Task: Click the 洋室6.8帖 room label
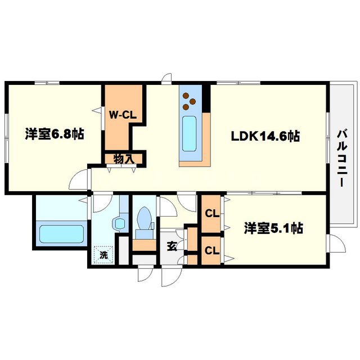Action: click(54, 134)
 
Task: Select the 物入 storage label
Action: click(124, 159)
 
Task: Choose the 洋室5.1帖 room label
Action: click(274, 228)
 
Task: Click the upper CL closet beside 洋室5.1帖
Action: click(211, 213)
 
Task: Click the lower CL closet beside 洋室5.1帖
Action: click(211, 250)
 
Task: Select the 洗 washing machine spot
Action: click(103, 254)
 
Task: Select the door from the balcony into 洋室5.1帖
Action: click(336, 243)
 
